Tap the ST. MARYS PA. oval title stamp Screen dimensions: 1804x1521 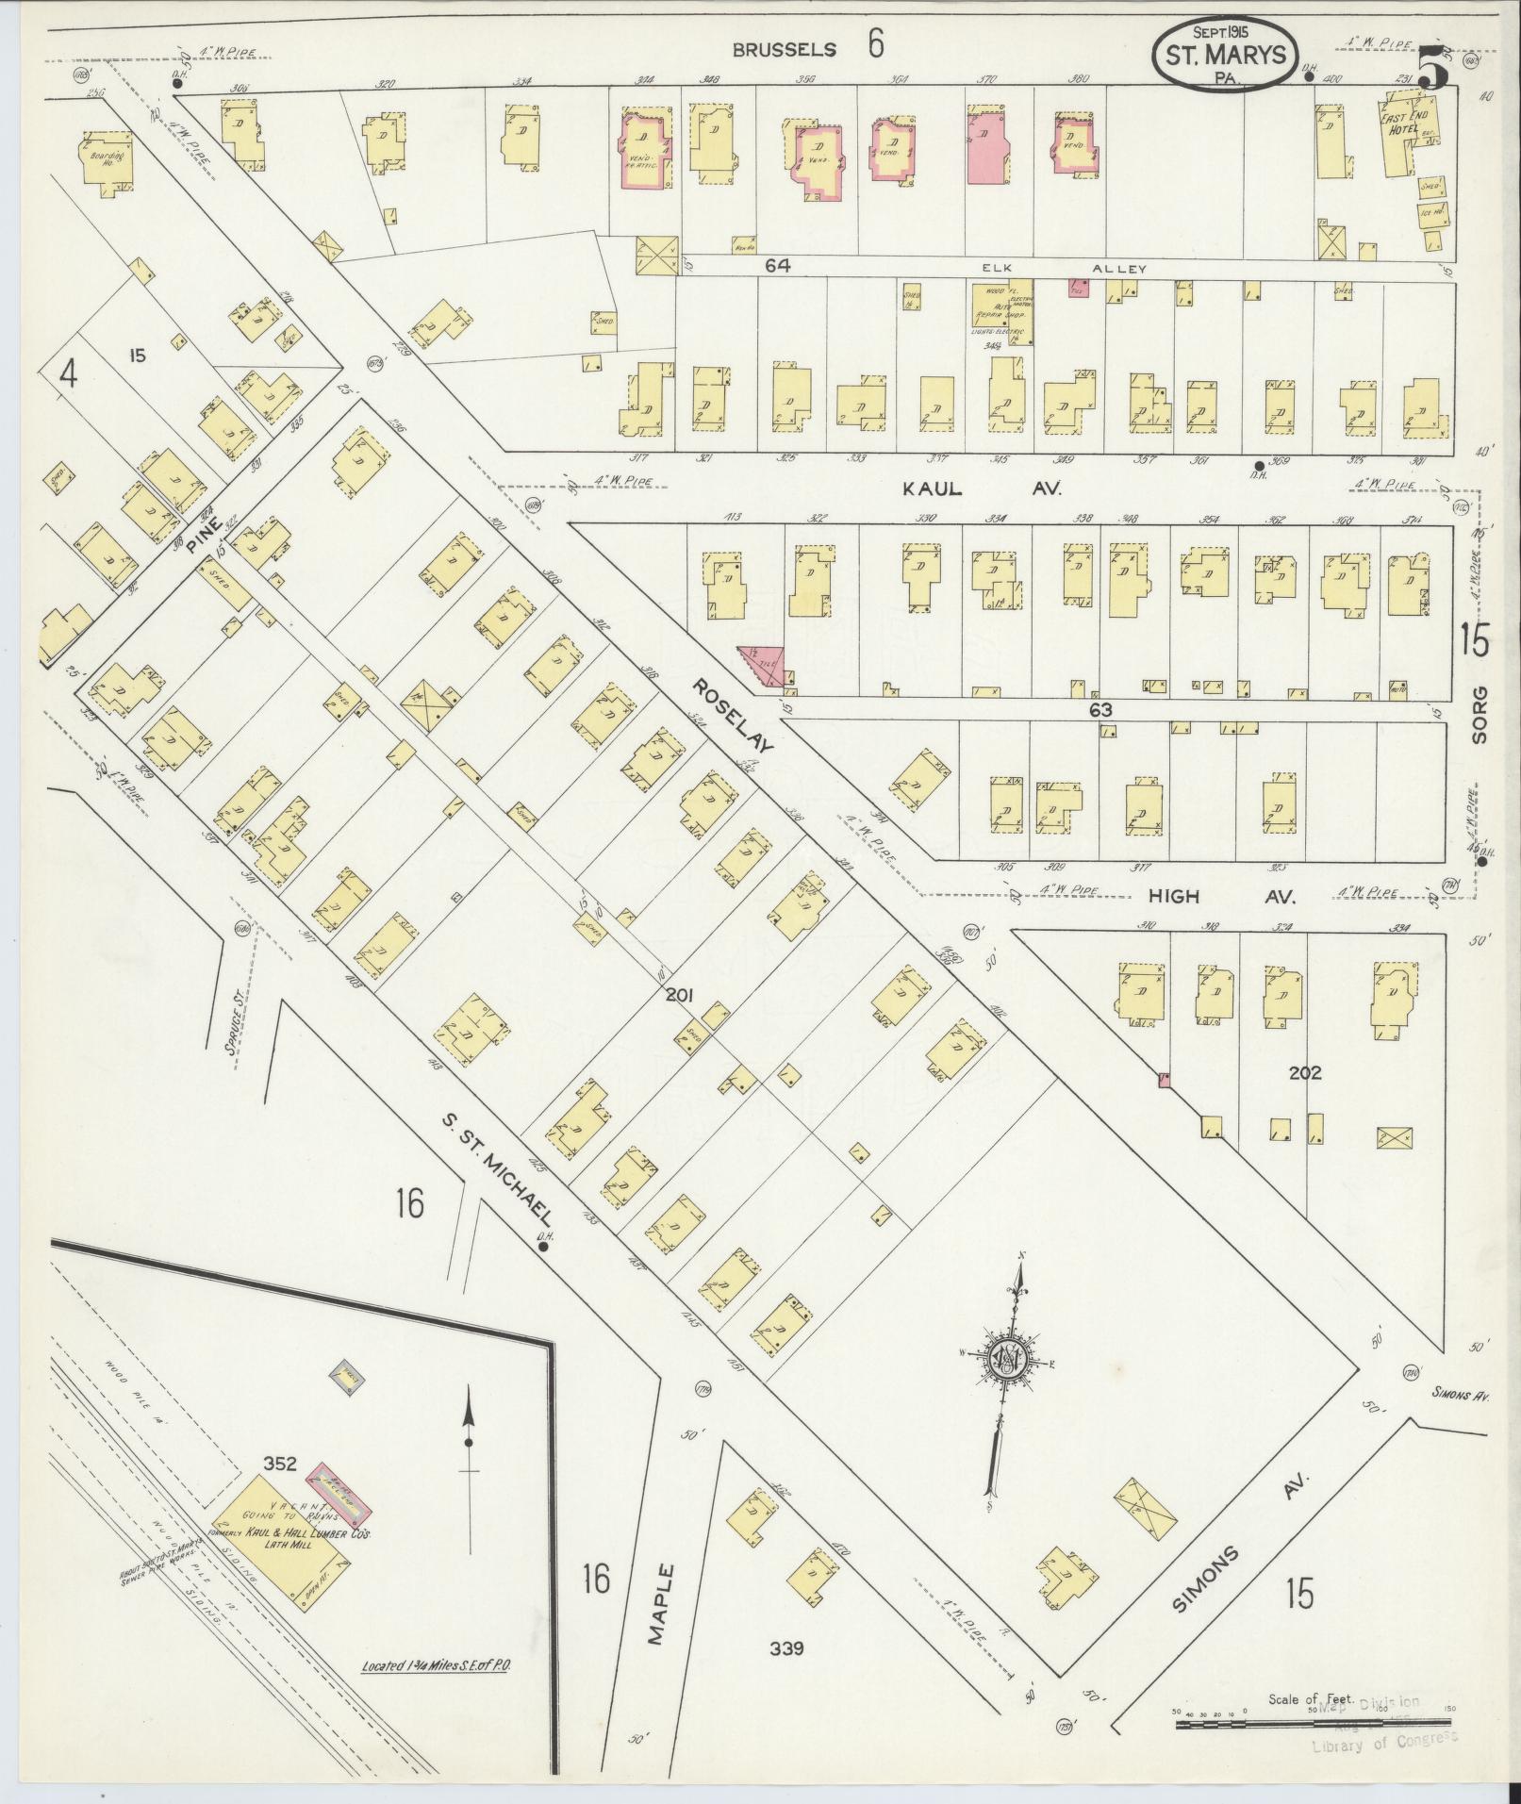(x=1225, y=57)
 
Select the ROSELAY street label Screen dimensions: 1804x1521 (x=733, y=715)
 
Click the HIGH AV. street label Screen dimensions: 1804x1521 (x=1209, y=896)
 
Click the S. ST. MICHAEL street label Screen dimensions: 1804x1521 (x=497, y=1170)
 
